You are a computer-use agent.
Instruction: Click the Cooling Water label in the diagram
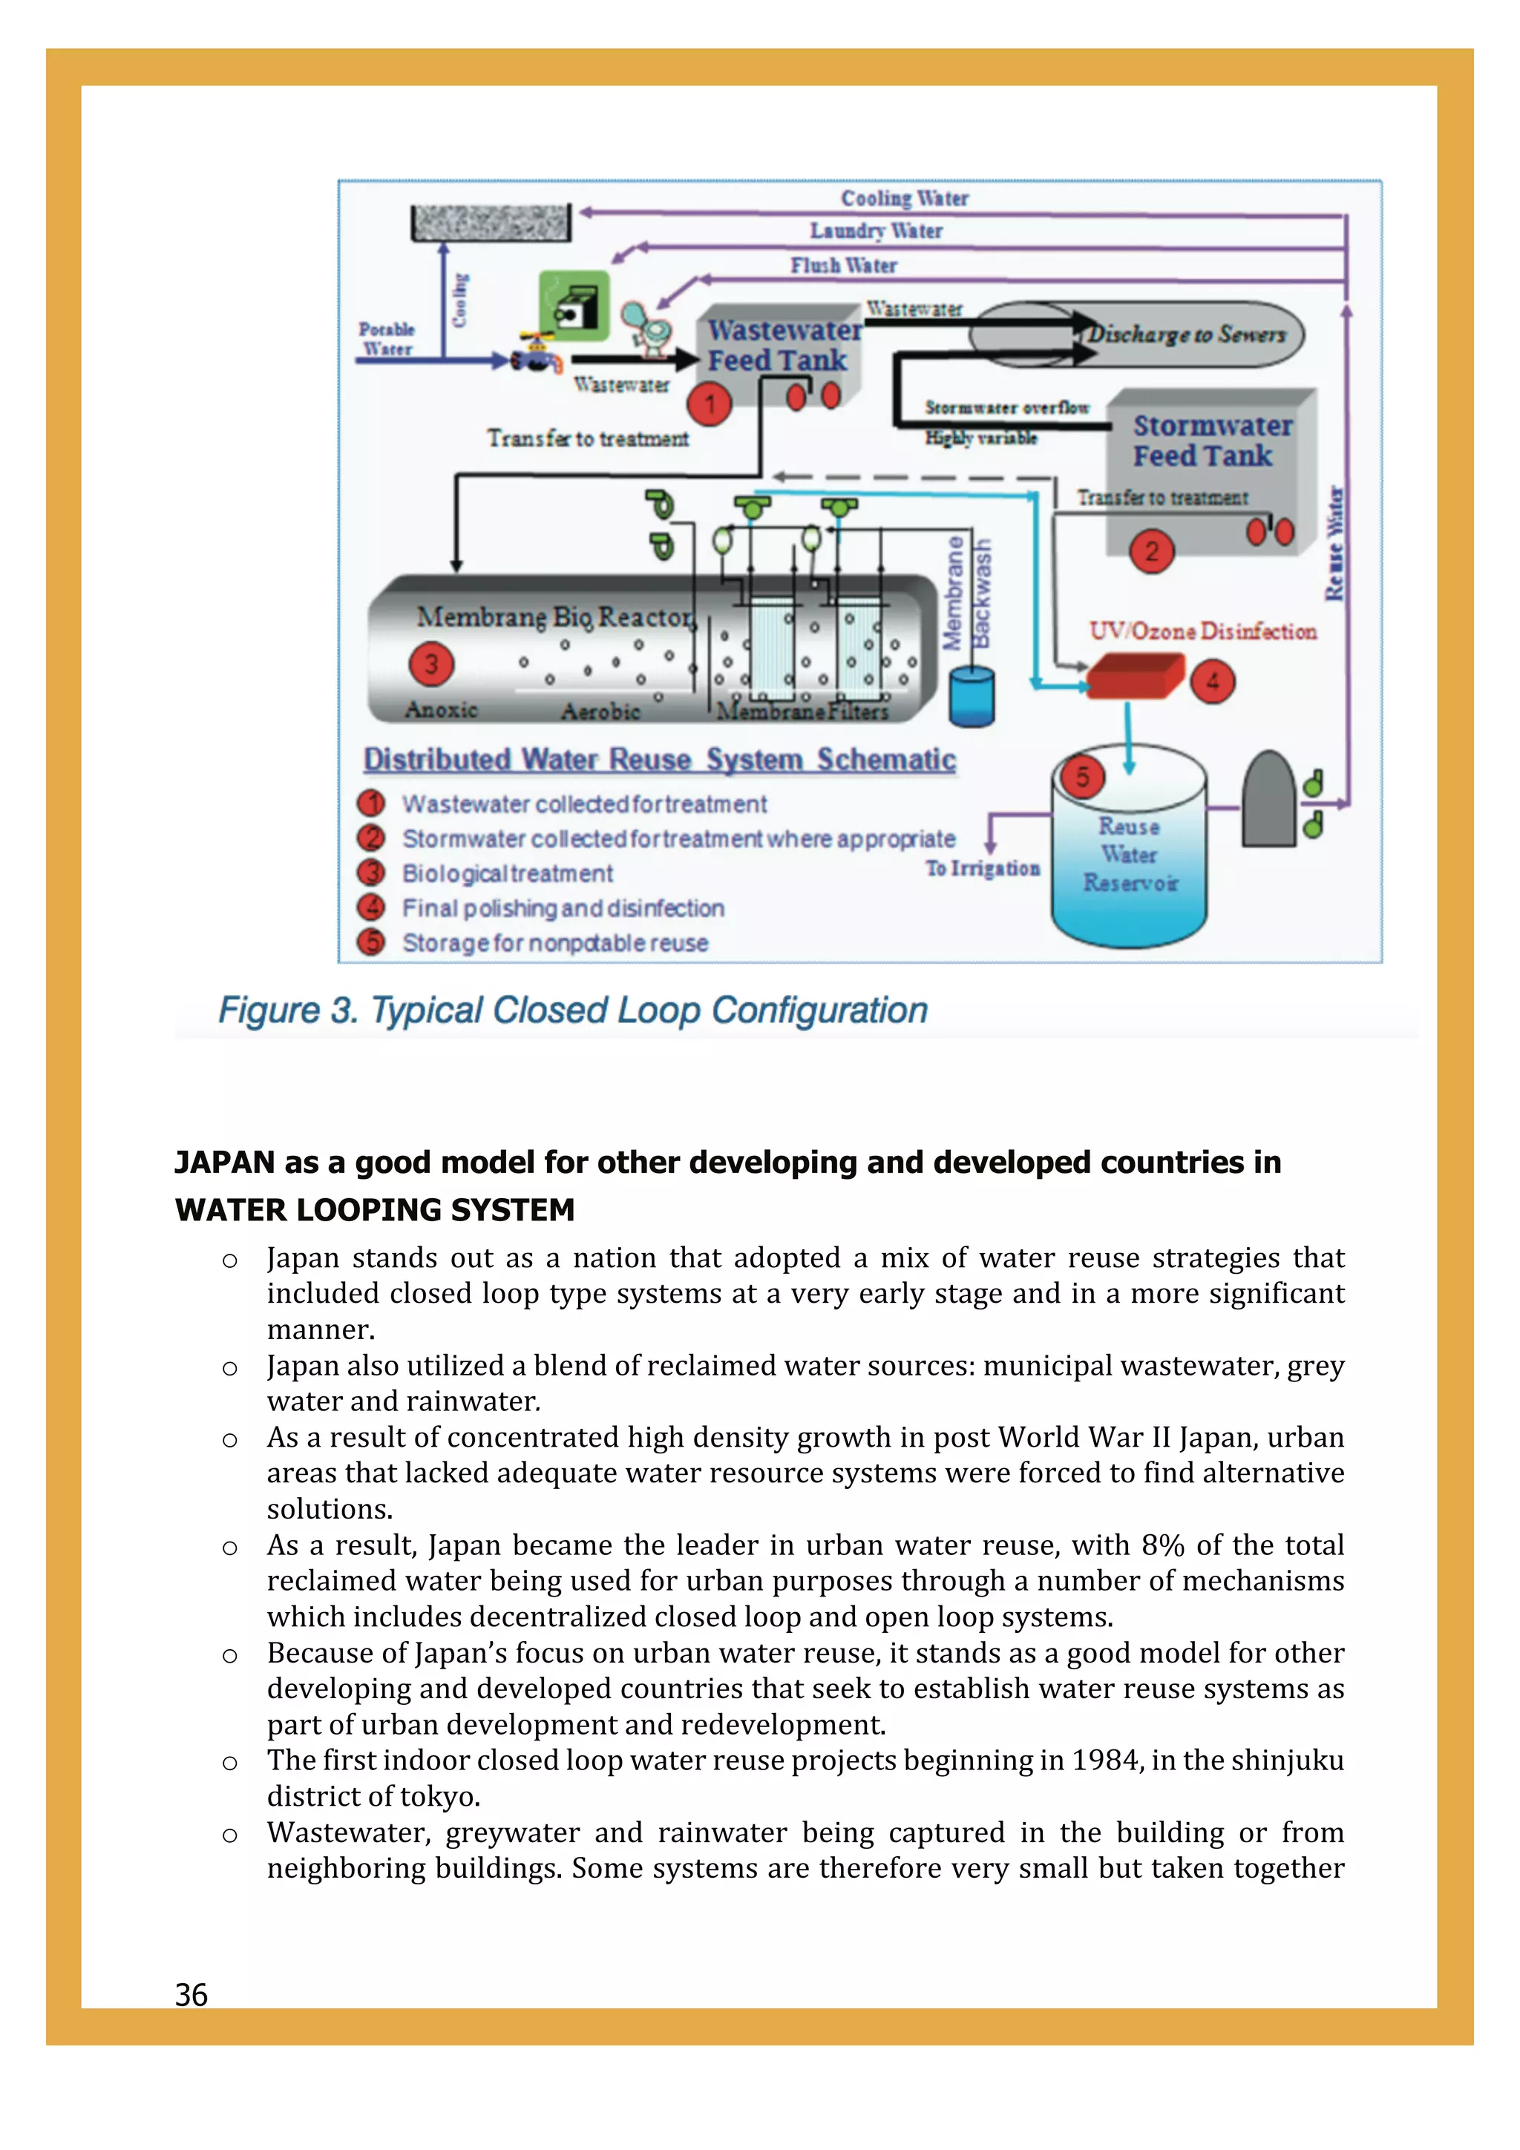tap(904, 199)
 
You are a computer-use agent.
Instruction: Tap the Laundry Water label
tap(876, 231)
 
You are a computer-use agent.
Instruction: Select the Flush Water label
tap(843, 266)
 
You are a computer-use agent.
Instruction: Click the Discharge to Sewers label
tap(1186, 335)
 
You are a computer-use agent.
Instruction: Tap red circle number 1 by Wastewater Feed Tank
tap(709, 404)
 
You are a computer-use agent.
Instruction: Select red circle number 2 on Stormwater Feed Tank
tap(1151, 550)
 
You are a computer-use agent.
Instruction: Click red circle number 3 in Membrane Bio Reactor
tap(430, 664)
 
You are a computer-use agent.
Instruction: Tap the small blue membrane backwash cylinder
tap(972, 697)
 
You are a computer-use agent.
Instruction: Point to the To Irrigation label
tap(983, 869)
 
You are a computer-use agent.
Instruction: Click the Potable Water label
tap(387, 339)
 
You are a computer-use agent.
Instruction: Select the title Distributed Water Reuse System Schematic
tap(659, 760)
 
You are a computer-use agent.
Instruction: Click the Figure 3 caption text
tap(572, 1010)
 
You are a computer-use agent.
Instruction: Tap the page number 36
tap(191, 1996)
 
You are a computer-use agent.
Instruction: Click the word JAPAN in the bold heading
tap(225, 1163)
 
